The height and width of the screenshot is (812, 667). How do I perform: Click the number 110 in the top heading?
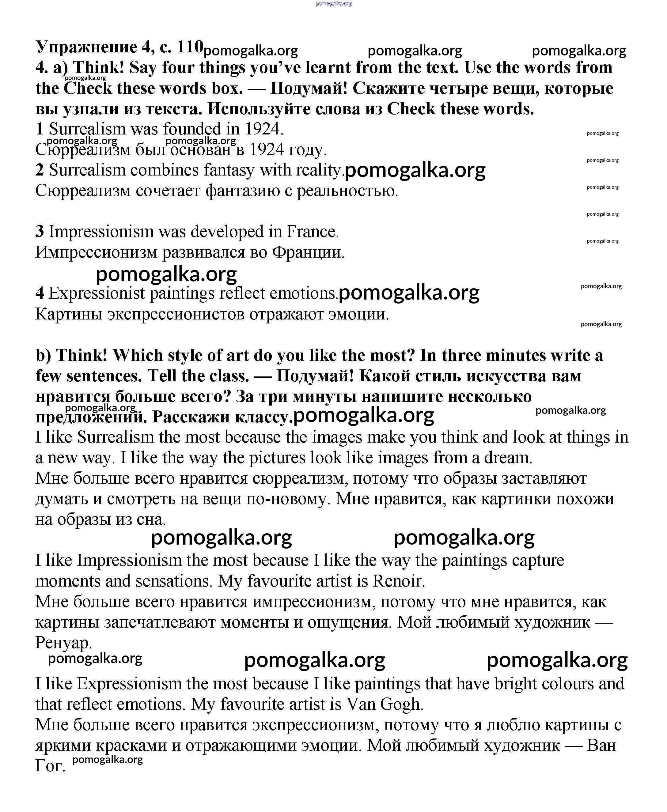pyautogui.click(x=190, y=47)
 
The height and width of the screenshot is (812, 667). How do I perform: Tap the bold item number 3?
pyautogui.click(x=40, y=232)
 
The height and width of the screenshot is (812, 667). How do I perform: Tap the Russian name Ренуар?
pyautogui.click(x=63, y=643)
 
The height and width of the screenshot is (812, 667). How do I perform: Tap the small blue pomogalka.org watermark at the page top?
pyautogui.click(x=333, y=3)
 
